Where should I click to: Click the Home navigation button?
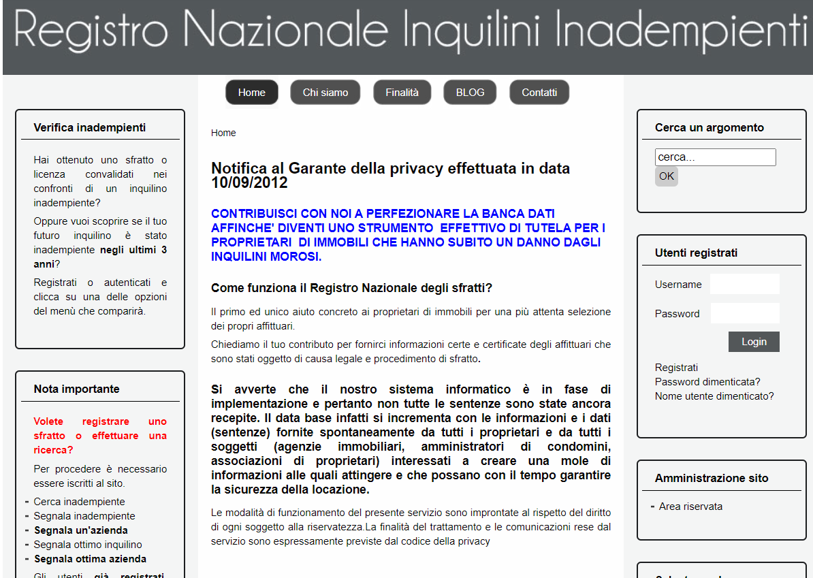point(252,93)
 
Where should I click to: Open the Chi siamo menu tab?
point(325,93)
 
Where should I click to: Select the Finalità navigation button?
point(402,93)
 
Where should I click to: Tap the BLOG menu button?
point(470,93)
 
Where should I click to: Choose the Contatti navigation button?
point(539,93)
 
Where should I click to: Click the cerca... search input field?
point(715,157)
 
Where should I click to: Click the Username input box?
point(744,284)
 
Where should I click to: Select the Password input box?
point(744,313)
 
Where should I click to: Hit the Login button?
point(754,342)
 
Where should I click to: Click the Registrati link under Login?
point(676,368)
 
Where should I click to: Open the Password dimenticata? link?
point(707,382)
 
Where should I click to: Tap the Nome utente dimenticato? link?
point(714,396)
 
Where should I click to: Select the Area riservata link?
point(690,507)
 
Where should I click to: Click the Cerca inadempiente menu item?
point(79,502)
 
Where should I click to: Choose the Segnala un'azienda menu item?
point(80,530)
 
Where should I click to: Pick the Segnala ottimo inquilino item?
point(88,545)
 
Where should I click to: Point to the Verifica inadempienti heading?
point(89,128)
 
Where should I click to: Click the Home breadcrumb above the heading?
point(223,133)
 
